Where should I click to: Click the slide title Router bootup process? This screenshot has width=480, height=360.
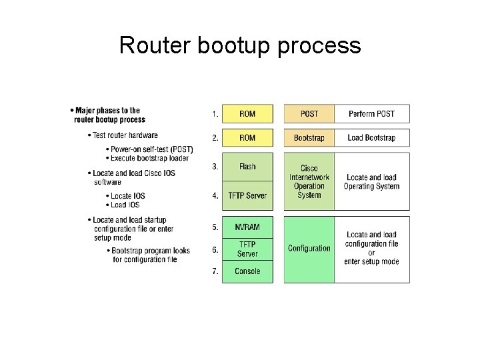point(240,45)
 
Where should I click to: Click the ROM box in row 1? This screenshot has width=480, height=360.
point(247,113)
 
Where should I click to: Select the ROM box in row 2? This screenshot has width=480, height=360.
point(247,138)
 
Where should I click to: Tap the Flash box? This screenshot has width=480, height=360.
point(247,167)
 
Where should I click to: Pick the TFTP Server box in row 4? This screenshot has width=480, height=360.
point(247,195)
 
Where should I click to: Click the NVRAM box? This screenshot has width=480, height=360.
point(247,227)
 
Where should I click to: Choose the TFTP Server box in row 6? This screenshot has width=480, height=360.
point(247,249)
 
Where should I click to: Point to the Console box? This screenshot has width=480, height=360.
point(247,271)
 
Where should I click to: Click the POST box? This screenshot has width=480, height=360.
point(309,113)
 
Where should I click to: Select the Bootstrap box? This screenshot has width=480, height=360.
point(309,138)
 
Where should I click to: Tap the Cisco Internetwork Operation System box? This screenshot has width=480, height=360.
point(309,181)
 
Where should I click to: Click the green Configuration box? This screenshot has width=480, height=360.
point(309,249)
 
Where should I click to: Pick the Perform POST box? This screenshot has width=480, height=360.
point(371,113)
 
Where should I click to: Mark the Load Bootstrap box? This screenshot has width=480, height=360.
point(371,138)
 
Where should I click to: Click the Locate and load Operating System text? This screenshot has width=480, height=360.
point(371,181)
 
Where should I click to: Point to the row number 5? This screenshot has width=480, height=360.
point(215,227)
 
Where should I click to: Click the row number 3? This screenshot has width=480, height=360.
point(215,167)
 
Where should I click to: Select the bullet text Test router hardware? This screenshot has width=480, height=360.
point(125,135)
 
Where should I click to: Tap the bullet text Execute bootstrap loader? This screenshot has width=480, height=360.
point(150,158)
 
